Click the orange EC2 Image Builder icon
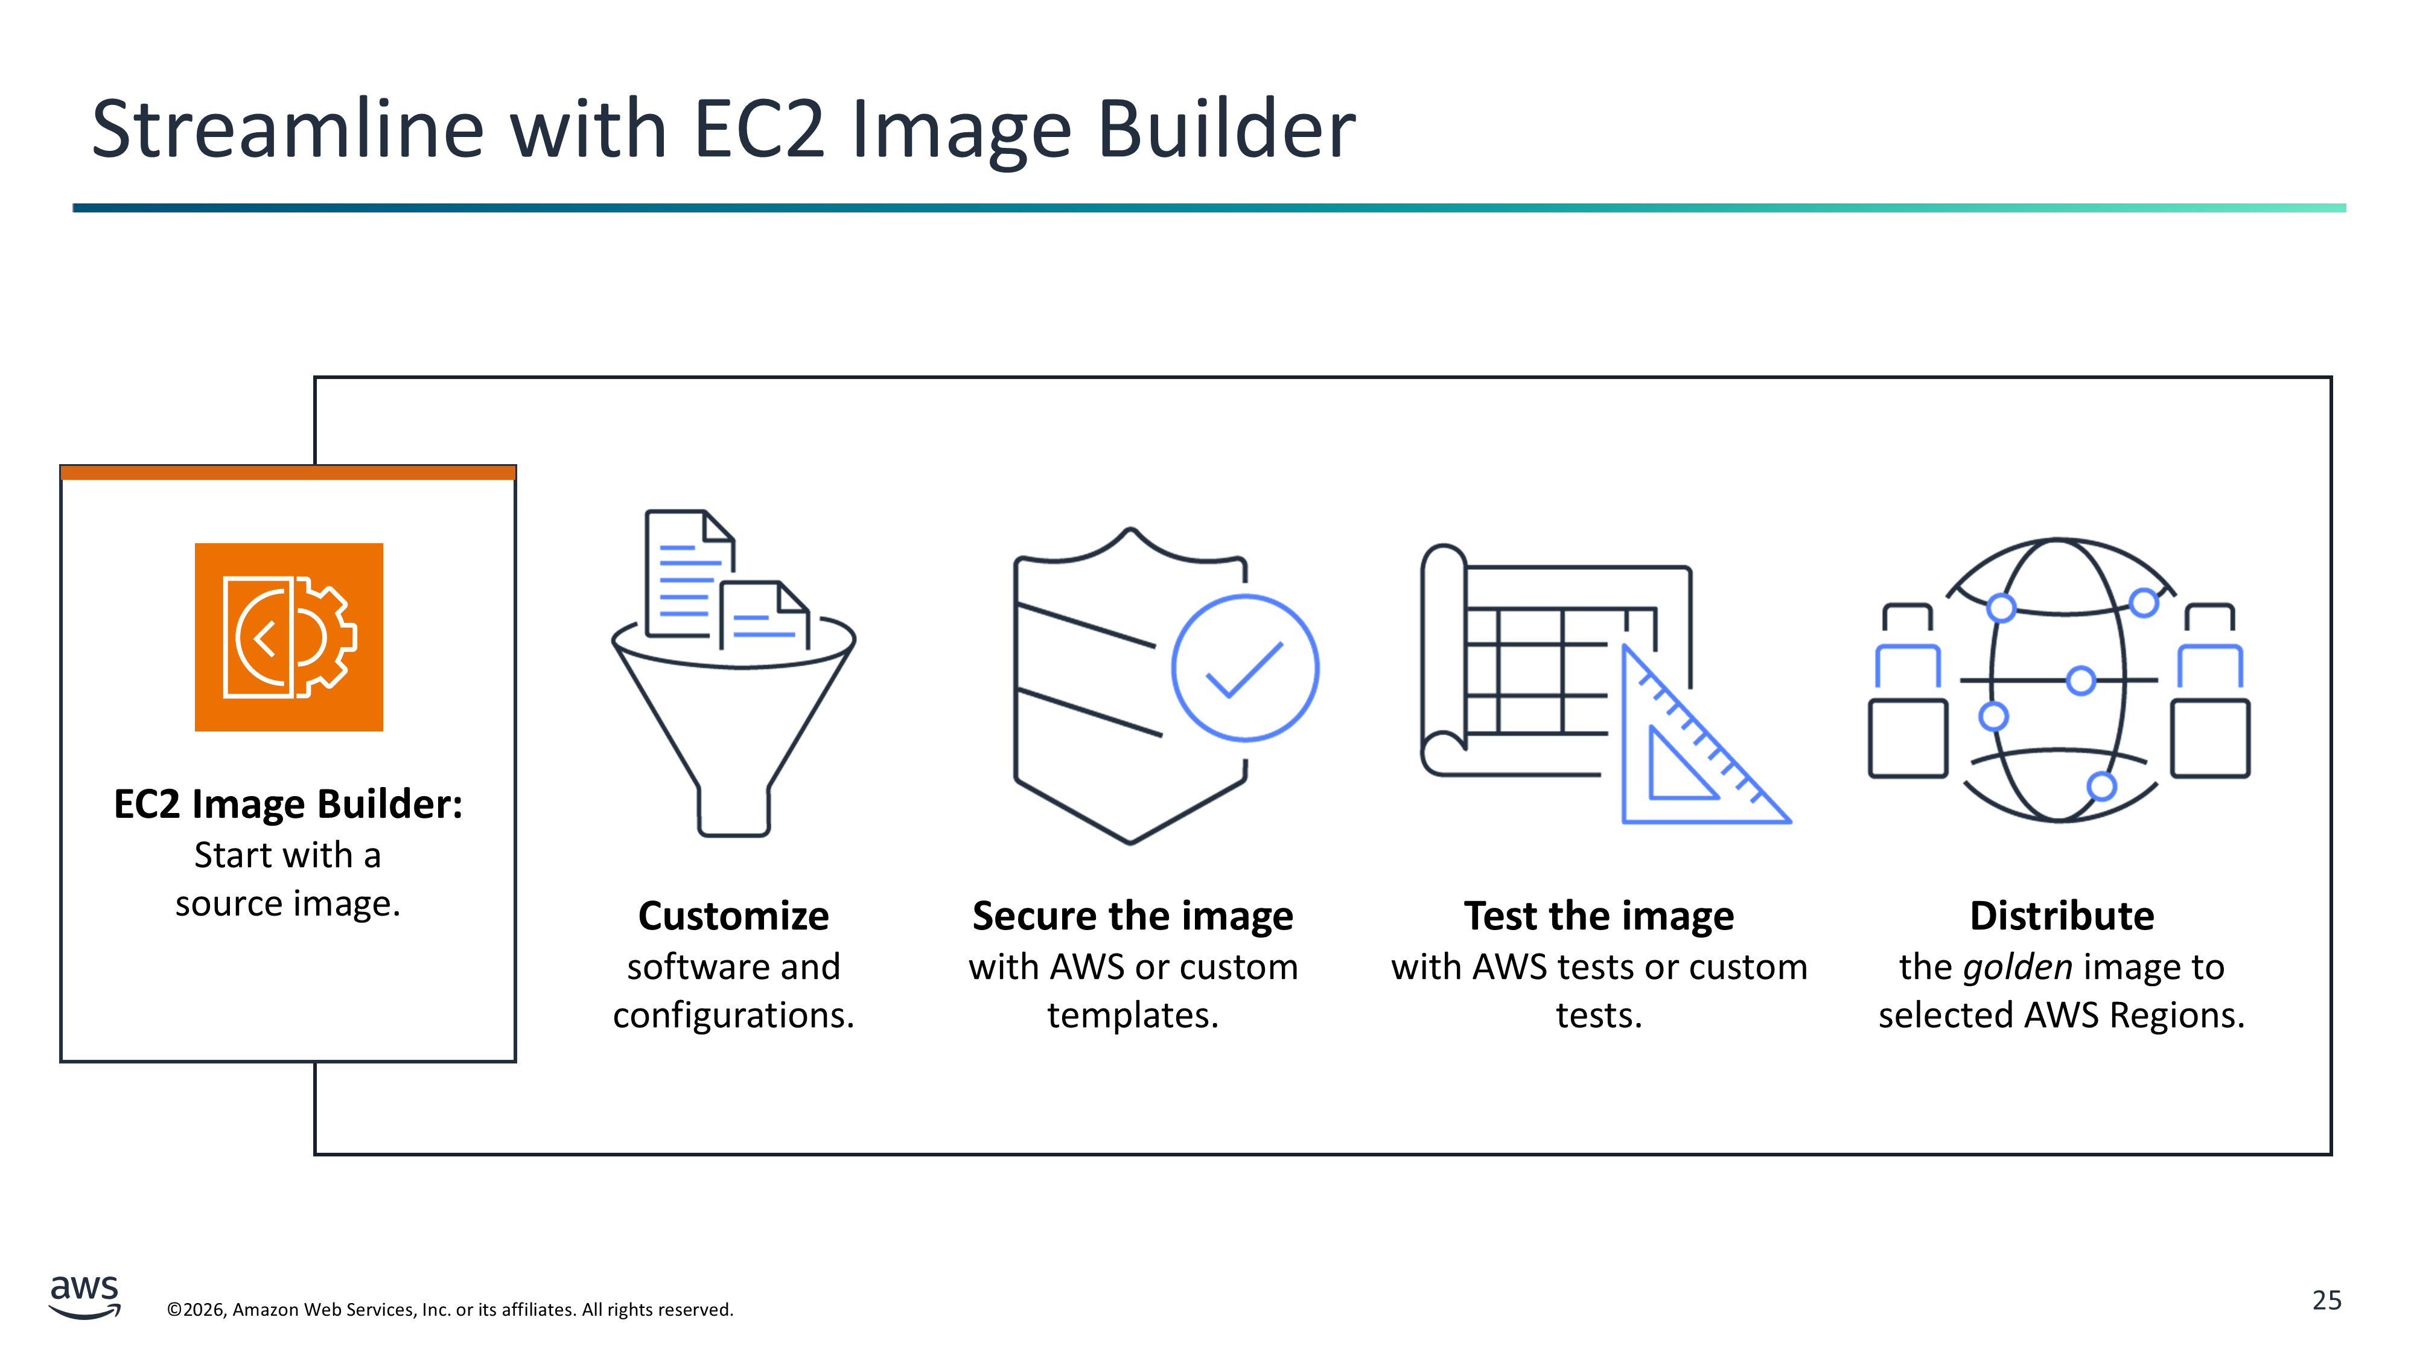288,637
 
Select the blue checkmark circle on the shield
1246,668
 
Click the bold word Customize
734,916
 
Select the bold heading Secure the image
1133,916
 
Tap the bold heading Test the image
1599,916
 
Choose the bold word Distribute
2062,916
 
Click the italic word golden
2018,967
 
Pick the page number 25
2327,1300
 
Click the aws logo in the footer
84,1296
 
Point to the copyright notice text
450,1309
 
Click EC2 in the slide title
759,129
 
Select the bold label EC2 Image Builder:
288,804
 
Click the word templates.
1133,1016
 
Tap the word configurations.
734,1016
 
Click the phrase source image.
288,904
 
